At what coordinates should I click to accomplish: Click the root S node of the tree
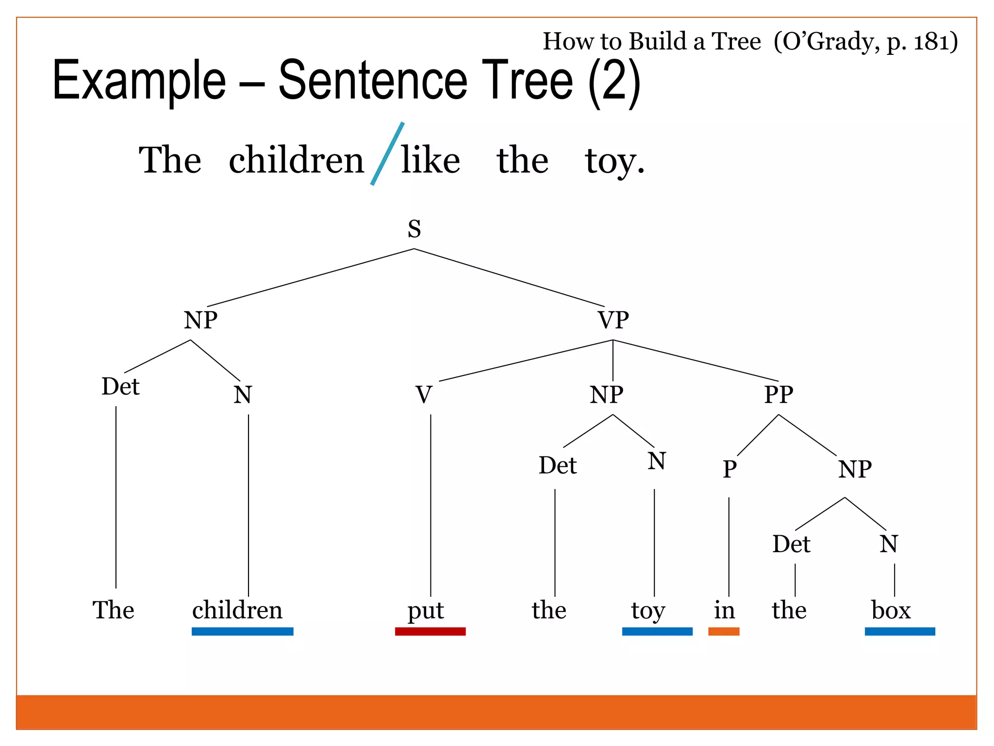(414, 229)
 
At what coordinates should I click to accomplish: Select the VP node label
(613, 320)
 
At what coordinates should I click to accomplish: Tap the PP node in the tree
(779, 394)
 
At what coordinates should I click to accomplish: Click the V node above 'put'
(424, 395)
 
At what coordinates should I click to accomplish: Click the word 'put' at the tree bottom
(426, 610)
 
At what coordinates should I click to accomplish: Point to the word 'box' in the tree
(891, 610)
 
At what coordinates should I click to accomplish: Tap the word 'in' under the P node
(724, 610)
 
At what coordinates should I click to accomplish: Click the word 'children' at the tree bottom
(237, 610)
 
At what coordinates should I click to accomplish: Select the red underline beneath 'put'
(430, 631)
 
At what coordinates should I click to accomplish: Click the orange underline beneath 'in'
(724, 631)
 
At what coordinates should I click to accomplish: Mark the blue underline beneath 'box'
(899, 631)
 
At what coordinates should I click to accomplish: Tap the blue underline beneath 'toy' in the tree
(657, 631)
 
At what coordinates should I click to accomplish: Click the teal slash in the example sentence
(387, 153)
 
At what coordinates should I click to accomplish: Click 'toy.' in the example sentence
(614, 161)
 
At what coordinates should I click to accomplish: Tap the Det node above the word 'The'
(120, 387)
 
